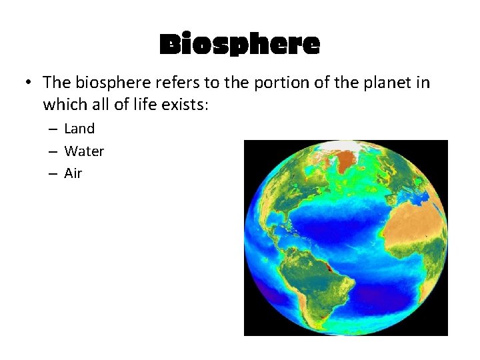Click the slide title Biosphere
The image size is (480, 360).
(x=240, y=45)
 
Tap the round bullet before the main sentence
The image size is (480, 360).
(x=27, y=83)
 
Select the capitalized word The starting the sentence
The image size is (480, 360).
(x=56, y=83)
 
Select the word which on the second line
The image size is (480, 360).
(x=65, y=105)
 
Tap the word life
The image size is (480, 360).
(x=139, y=105)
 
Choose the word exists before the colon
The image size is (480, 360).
(x=180, y=105)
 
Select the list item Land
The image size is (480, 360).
(x=79, y=129)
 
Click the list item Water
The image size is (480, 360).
(x=84, y=151)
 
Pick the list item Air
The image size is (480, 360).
(x=73, y=173)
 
